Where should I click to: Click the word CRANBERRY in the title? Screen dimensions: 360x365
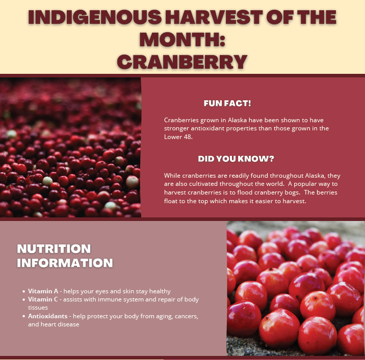point(182,61)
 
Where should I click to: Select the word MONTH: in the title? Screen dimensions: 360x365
point(182,39)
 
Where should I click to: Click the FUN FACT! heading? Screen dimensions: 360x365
point(227,103)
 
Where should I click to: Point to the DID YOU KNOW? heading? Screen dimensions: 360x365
point(236,158)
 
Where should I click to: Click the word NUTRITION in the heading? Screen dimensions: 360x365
point(54,249)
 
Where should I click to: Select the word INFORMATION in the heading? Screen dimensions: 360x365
point(65,263)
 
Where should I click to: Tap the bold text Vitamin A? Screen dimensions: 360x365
point(43,291)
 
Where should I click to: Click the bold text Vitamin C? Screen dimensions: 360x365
point(43,299)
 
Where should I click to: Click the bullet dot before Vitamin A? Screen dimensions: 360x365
point(24,291)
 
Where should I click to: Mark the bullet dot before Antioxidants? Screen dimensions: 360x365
point(24,316)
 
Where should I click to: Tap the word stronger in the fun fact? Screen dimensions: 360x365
point(176,128)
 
